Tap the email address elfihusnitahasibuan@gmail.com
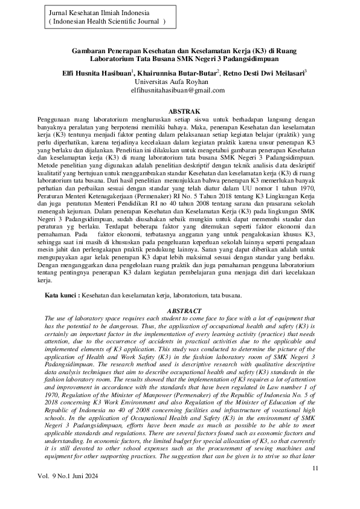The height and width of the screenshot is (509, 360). pyautogui.click(x=178, y=89)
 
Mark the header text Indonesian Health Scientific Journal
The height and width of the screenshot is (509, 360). pyautogui.click(x=106, y=21)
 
